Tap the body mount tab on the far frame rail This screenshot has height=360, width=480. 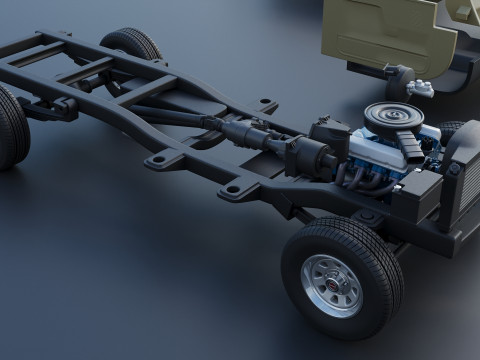(265, 105)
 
